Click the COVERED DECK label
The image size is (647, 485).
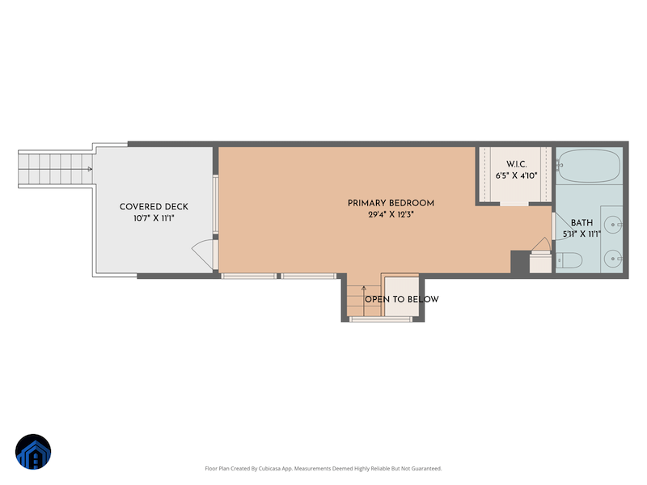pos(154,207)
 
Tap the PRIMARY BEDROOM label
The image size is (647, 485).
pos(391,204)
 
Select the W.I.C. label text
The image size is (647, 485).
pos(517,164)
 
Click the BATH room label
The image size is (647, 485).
pos(581,223)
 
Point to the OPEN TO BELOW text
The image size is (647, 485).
pos(401,299)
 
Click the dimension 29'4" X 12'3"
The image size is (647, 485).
pos(391,214)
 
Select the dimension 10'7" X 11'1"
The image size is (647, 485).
pos(154,218)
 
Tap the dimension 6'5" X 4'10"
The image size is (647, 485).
pos(517,175)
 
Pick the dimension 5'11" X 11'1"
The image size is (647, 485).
pos(581,234)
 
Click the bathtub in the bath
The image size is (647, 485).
pos(589,166)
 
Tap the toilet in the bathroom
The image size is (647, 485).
pos(569,260)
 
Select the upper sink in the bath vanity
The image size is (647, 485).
pos(614,225)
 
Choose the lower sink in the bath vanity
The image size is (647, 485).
pos(614,259)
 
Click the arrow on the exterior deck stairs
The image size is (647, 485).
pos(89,169)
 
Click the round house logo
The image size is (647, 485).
pos(33,452)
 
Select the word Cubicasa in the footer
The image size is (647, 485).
pos(271,469)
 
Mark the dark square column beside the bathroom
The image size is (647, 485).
pos(520,261)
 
